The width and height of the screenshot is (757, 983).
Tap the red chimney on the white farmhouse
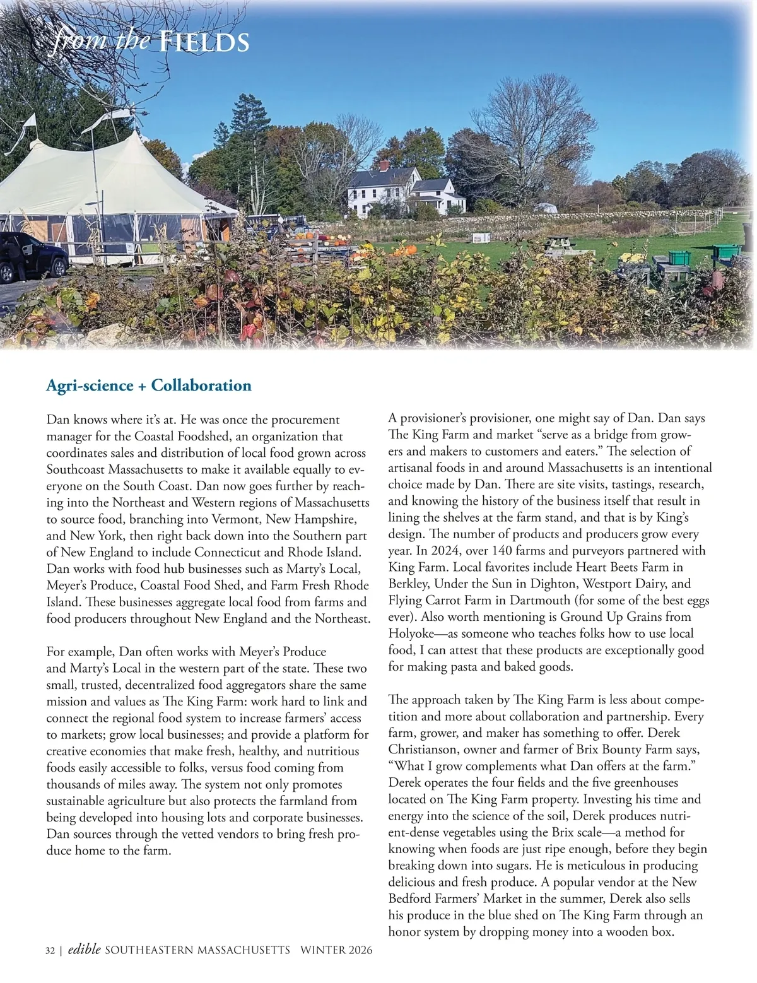click(x=384, y=165)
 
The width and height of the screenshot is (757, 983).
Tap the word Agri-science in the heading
click(x=89, y=386)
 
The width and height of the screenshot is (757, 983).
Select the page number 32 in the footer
click(x=50, y=950)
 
